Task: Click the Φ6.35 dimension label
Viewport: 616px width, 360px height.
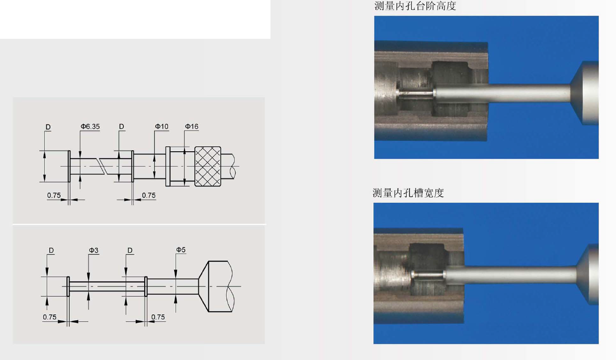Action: click(90, 126)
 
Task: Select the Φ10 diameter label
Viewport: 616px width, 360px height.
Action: click(162, 126)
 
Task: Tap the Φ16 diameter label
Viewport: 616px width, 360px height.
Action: click(191, 126)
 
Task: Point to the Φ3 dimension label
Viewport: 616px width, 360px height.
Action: click(93, 250)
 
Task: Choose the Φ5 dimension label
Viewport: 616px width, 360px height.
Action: click(180, 250)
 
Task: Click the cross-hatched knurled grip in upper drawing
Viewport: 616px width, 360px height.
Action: click(208, 167)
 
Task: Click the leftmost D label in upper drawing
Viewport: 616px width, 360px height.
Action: click(48, 127)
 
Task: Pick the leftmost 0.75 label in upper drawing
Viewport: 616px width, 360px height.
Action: click(54, 195)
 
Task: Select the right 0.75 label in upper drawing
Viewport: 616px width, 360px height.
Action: click(149, 195)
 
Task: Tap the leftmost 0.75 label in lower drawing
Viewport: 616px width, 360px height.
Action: click(50, 317)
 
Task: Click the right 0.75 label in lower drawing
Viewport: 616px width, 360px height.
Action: click(158, 317)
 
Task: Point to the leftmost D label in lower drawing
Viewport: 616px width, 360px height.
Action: click(51, 251)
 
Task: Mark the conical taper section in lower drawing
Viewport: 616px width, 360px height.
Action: click(204, 286)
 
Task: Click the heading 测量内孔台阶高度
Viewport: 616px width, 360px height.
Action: click(415, 6)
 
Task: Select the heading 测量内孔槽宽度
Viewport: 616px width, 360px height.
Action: click(408, 193)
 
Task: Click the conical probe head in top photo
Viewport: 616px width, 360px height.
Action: click(584, 93)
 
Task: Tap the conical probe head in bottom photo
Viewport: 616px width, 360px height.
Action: click(587, 274)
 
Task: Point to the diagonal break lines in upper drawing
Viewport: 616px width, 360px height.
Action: click(102, 166)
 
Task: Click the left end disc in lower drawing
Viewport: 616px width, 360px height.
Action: click(68, 286)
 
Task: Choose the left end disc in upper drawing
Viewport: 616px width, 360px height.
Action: click(69, 166)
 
